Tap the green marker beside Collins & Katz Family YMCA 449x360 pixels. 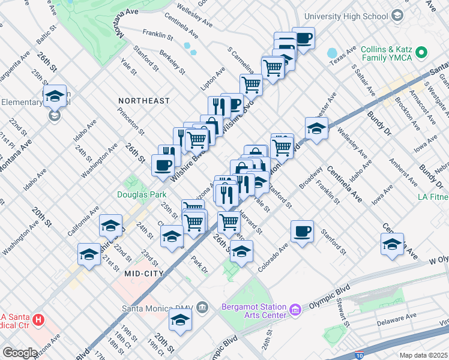(421, 53)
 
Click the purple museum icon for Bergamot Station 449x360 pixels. (295, 310)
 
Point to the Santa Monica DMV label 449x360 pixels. (157, 308)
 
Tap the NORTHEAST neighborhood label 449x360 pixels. (144, 101)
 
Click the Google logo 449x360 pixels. (20, 353)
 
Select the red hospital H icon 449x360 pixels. (39, 320)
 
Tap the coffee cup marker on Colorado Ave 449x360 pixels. (303, 232)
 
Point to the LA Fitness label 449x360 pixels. (433, 197)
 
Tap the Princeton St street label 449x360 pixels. (131, 121)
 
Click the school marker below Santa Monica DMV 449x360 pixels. (180, 320)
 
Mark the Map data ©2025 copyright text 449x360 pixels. (424, 355)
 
